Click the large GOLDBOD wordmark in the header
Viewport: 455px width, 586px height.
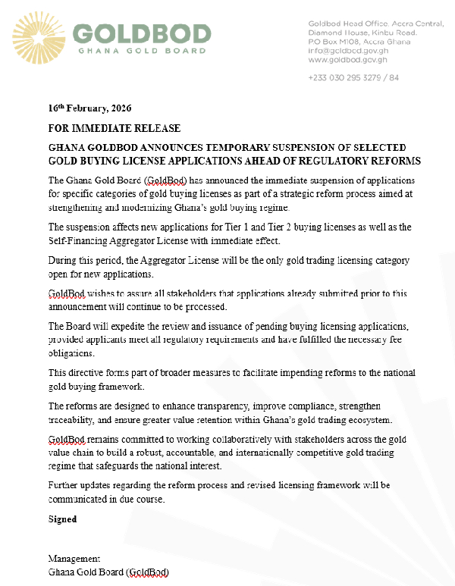pyautogui.click(x=142, y=34)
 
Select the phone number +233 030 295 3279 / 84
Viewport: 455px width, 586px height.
pyautogui.click(x=353, y=77)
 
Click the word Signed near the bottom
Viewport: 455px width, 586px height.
pyautogui.click(x=62, y=520)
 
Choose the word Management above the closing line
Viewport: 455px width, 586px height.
pyautogui.click(x=74, y=559)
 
